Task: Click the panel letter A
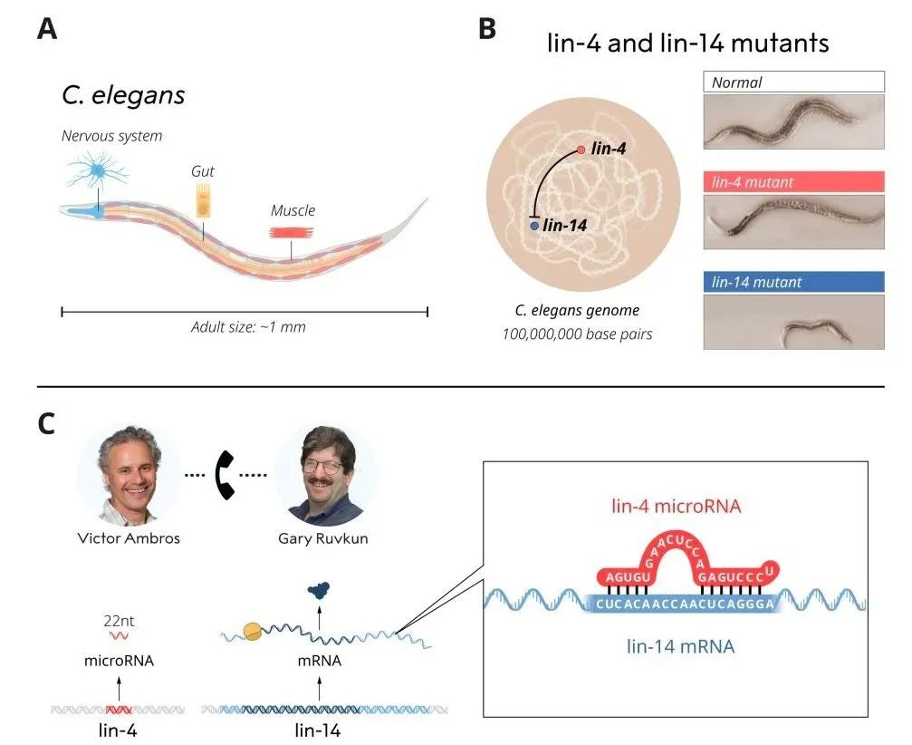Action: click(x=47, y=29)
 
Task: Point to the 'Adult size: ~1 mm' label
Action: click(x=248, y=327)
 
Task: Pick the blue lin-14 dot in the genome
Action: click(x=534, y=224)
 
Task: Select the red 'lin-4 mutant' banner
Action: click(x=793, y=182)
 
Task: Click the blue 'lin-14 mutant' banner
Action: click(x=793, y=282)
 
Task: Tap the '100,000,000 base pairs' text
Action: click(x=577, y=334)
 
